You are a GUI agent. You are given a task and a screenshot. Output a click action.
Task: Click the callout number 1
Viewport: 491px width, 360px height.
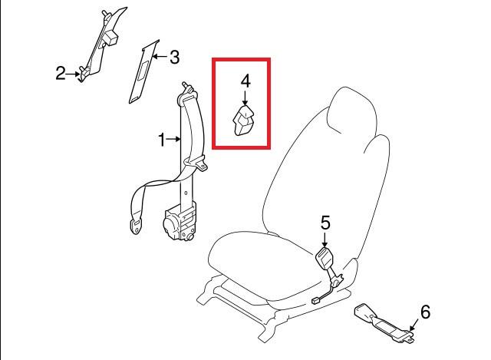coord(162,140)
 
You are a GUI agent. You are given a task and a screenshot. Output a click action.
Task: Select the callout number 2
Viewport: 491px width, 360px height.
coord(61,73)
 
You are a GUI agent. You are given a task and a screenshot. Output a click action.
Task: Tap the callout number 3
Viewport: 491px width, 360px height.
coord(174,57)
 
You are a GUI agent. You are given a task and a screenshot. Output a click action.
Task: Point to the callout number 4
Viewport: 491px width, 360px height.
coord(245,81)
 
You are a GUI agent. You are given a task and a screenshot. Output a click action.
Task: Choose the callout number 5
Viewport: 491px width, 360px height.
coord(325,223)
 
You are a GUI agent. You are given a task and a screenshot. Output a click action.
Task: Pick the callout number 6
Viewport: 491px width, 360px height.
coord(425,312)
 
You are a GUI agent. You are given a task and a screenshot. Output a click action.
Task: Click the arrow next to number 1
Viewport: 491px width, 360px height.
coord(174,139)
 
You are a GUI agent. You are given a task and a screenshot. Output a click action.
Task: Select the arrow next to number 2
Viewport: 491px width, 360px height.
coord(74,74)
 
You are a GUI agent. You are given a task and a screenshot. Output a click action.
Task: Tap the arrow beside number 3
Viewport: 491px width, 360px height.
coord(160,57)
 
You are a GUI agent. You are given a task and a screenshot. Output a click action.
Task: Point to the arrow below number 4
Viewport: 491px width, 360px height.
coord(245,97)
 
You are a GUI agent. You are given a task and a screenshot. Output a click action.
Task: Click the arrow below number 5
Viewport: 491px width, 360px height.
coord(325,239)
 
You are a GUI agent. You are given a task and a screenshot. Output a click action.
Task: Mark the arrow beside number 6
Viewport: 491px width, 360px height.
coord(414,325)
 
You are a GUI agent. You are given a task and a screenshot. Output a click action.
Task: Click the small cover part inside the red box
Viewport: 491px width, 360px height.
coord(243,121)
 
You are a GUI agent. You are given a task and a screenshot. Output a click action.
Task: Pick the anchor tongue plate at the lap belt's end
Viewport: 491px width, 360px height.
coord(136,226)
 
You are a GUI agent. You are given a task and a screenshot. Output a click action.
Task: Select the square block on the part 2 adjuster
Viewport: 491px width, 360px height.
coord(111,38)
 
